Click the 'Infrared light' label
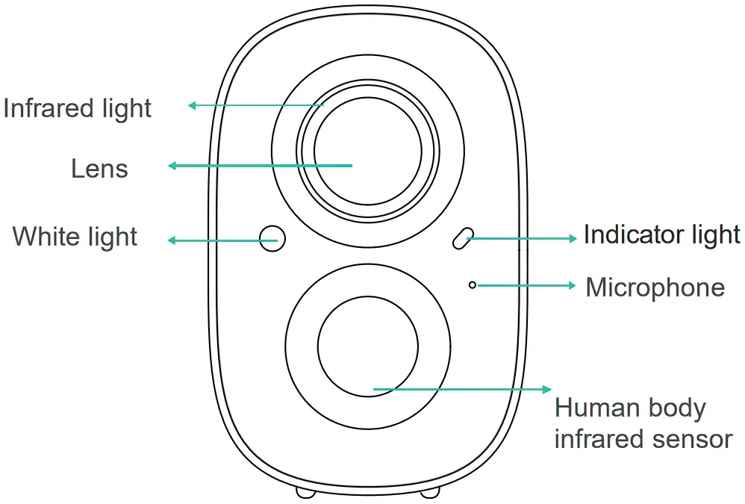(77, 108)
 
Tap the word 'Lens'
(99, 169)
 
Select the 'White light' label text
(75, 237)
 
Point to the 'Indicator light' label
(661, 234)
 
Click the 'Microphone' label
(655, 287)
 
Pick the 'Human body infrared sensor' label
(642, 423)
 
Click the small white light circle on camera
(272, 237)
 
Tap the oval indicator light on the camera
(461, 237)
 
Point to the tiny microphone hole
(473, 284)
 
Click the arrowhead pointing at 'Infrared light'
(192, 105)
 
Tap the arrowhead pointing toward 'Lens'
(172, 166)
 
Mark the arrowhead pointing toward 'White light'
(172, 240)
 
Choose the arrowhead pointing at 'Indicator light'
(573, 238)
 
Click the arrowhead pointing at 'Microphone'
(572, 285)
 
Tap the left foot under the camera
(306, 491)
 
